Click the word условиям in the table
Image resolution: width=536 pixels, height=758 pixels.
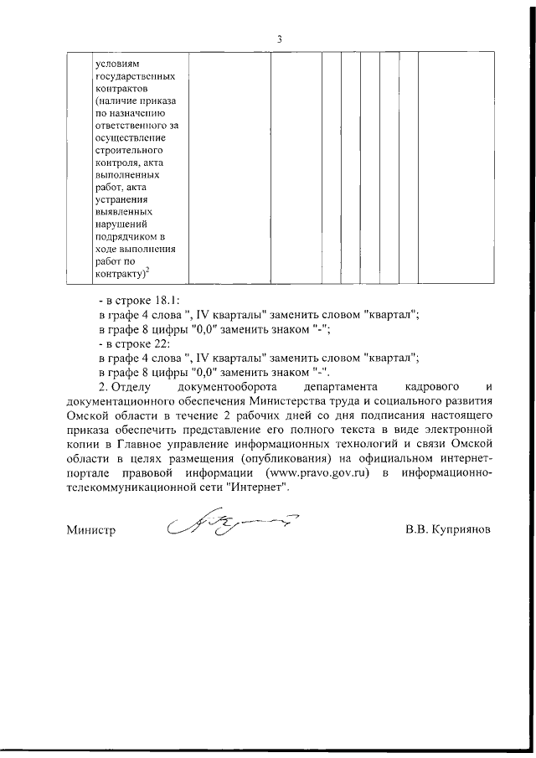click(114, 61)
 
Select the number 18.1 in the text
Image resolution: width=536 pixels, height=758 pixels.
click(167, 299)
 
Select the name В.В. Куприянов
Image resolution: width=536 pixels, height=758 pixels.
click(446, 530)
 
